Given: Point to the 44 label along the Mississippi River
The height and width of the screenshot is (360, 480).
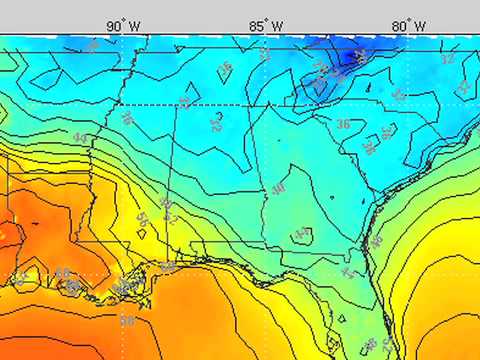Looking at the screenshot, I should click(80, 137).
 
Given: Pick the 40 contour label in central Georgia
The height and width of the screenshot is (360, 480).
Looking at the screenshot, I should click(278, 190).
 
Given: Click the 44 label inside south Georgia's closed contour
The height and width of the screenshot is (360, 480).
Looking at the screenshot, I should click(302, 234).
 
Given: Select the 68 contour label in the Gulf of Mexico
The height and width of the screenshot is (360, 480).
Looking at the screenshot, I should click(127, 321).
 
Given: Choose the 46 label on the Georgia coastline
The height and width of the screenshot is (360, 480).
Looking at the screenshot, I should click(376, 241).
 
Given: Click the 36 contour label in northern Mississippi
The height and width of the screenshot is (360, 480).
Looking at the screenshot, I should click(127, 117).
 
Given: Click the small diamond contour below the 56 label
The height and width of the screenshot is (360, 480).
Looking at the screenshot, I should click(142, 232).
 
